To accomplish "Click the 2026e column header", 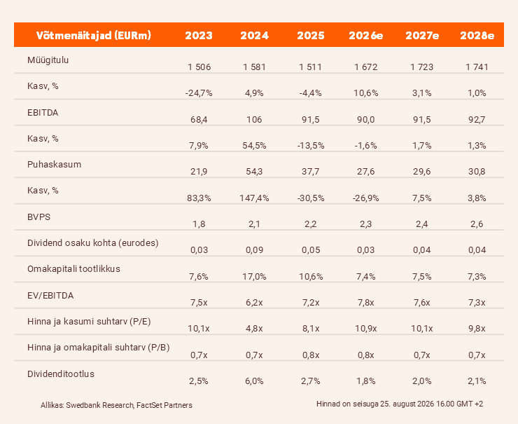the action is [x=365, y=35].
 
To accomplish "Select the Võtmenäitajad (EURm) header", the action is [x=94, y=35].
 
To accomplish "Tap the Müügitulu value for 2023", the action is [x=199, y=67].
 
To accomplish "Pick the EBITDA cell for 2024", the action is [x=254, y=119].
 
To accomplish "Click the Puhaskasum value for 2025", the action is [x=310, y=171].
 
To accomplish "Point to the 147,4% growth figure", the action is [x=254, y=198].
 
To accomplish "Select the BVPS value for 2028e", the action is [x=477, y=224].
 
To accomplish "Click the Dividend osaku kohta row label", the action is [x=93, y=242].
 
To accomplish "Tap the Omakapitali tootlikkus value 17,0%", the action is [x=254, y=277].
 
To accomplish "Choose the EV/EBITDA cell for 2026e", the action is [x=365, y=303].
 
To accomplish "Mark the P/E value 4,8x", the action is [x=254, y=329].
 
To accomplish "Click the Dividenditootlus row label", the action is [x=61, y=374].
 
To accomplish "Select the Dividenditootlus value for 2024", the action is [x=254, y=381].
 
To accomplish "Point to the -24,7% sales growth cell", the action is [x=199, y=93].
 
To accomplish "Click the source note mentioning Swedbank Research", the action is [x=116, y=405].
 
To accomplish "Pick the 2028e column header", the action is [x=477, y=35].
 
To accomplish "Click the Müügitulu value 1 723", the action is [x=422, y=67].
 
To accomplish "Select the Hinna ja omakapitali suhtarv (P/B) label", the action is [x=99, y=348].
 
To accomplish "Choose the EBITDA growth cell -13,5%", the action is [x=311, y=146].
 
